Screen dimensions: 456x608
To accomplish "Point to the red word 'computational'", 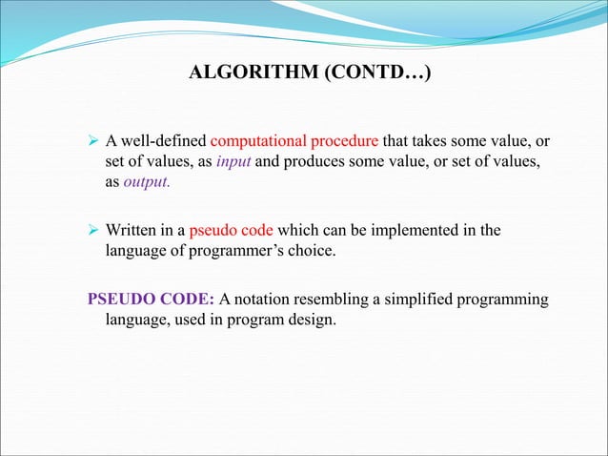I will [x=255, y=143].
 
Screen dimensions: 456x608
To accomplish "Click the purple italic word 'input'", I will [x=233, y=162].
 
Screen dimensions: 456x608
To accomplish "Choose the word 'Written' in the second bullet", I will [x=132, y=231].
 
